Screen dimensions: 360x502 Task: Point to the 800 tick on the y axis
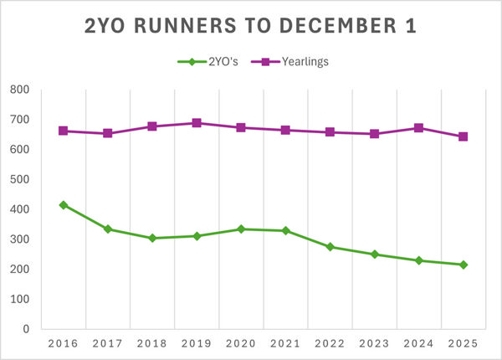pos(19,90)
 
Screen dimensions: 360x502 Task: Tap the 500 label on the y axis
pos(19,179)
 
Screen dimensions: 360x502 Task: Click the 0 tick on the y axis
pos(26,329)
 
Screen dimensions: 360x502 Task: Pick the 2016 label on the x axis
pos(63,344)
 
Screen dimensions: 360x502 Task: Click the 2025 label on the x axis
pos(463,344)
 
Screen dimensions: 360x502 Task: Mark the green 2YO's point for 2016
pos(63,204)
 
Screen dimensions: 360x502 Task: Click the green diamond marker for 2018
pos(152,238)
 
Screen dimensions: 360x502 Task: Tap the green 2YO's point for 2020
pos(241,229)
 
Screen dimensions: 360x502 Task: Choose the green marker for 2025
pos(463,265)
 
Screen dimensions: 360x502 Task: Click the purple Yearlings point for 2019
pos(197,123)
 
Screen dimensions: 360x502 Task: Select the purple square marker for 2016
pos(63,131)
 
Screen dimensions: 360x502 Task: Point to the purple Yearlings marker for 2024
pos(418,128)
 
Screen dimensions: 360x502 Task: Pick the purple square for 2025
pos(463,136)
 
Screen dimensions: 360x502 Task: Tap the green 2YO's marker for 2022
pos(330,247)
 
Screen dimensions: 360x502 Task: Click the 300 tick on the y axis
pos(19,239)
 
